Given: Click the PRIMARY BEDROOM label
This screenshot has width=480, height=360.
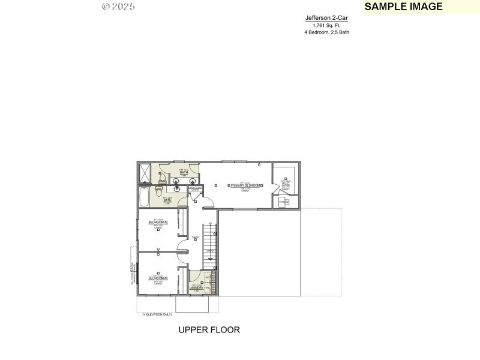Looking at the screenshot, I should click(x=245, y=186).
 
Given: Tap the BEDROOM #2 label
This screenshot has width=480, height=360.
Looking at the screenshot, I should click(x=158, y=223).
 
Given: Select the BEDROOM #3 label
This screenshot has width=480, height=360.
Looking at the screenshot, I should click(x=158, y=278).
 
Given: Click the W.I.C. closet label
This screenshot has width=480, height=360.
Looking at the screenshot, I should click(x=286, y=184).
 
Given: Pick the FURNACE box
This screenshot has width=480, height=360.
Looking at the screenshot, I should click(x=283, y=202).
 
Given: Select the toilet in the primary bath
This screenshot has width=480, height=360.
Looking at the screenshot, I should click(x=161, y=177).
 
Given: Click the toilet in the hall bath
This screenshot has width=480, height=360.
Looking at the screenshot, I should click(x=158, y=191).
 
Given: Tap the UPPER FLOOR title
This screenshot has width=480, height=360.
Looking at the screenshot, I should click(x=209, y=330).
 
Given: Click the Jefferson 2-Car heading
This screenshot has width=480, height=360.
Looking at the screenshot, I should click(x=326, y=18).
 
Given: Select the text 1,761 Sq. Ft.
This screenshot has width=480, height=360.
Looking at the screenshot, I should click(x=326, y=25).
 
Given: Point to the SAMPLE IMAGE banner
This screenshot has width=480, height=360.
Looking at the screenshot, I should click(x=403, y=7).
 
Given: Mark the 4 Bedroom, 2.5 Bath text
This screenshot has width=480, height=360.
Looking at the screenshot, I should click(x=326, y=32).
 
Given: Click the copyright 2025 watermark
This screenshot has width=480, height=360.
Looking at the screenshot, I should click(x=118, y=6).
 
